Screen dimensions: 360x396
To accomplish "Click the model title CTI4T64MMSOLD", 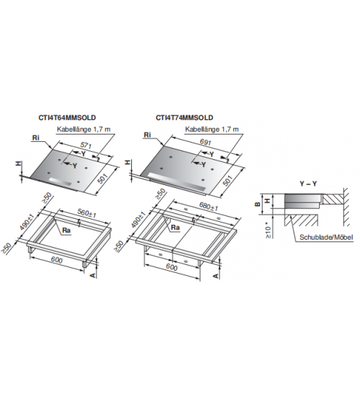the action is click(x=67, y=117).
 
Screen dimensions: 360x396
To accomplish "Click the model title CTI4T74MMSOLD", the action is click(x=184, y=117).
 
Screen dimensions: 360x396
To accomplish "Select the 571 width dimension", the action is click(x=86, y=146).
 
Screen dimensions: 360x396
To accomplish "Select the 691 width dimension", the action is click(x=205, y=143).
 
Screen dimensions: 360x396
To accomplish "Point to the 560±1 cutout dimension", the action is click(x=87, y=213).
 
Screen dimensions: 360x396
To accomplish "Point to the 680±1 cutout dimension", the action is click(x=209, y=206).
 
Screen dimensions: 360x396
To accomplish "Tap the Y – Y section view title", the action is click(x=308, y=184).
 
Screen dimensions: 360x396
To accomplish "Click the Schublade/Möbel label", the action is click(x=326, y=238).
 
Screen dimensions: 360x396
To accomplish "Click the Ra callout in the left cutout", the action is click(x=66, y=230).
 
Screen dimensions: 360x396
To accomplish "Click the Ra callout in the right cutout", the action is click(x=176, y=228).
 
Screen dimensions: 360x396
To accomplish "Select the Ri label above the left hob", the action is click(x=36, y=138).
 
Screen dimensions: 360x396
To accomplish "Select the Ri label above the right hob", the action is click(x=148, y=135).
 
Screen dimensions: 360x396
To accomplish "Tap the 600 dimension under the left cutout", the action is click(x=57, y=260).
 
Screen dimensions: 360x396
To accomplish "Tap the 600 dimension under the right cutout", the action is click(x=172, y=267).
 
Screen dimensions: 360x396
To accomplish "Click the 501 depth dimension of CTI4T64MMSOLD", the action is click(x=102, y=179).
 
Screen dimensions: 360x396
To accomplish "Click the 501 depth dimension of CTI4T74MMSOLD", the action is click(x=228, y=181).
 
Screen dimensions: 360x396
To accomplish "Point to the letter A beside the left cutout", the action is click(x=94, y=275).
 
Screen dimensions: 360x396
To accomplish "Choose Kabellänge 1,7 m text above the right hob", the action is click(x=212, y=130).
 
